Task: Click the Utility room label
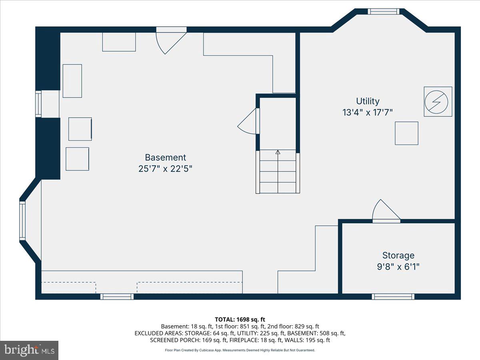coord(368,101)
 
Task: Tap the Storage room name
coord(398,255)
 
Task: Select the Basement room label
coord(165,158)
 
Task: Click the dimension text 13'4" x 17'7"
coord(368,112)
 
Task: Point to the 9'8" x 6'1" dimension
coord(398,266)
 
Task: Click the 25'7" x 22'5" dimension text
coord(165,169)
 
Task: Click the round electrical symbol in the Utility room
coord(438,102)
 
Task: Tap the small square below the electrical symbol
coord(406,133)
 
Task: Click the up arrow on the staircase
coord(278,152)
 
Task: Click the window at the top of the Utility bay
coord(384,11)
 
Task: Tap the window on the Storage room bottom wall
coord(393,296)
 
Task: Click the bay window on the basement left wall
coord(22,221)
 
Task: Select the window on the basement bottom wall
coord(116,296)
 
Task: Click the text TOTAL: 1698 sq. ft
coord(240,319)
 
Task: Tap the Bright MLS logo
coord(29,350)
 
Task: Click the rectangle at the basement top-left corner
coord(119,42)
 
